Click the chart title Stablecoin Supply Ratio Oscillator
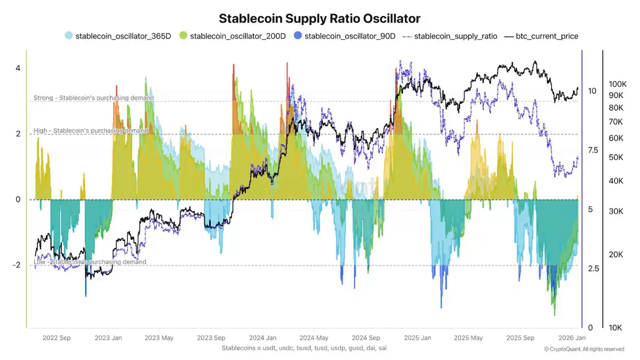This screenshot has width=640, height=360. pyautogui.click(x=319, y=18)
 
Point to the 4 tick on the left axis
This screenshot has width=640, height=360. pyautogui.click(x=18, y=68)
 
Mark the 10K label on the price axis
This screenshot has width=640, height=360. pyautogui.click(x=618, y=327)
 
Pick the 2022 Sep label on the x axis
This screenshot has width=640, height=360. pyautogui.click(x=57, y=338)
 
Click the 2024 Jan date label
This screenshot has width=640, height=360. pyautogui.click(x=263, y=338)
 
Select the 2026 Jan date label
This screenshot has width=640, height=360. pyautogui.click(x=572, y=338)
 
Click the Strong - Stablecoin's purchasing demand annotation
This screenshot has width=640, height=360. pyautogui.click(x=93, y=98)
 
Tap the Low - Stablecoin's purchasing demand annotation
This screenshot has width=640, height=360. pyautogui.click(x=90, y=262)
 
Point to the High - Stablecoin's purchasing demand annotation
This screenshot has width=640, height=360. pyautogui.click(x=91, y=131)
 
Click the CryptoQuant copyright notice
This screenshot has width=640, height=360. pyautogui.click(x=583, y=349)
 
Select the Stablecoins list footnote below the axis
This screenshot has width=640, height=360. pyautogui.click(x=304, y=348)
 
